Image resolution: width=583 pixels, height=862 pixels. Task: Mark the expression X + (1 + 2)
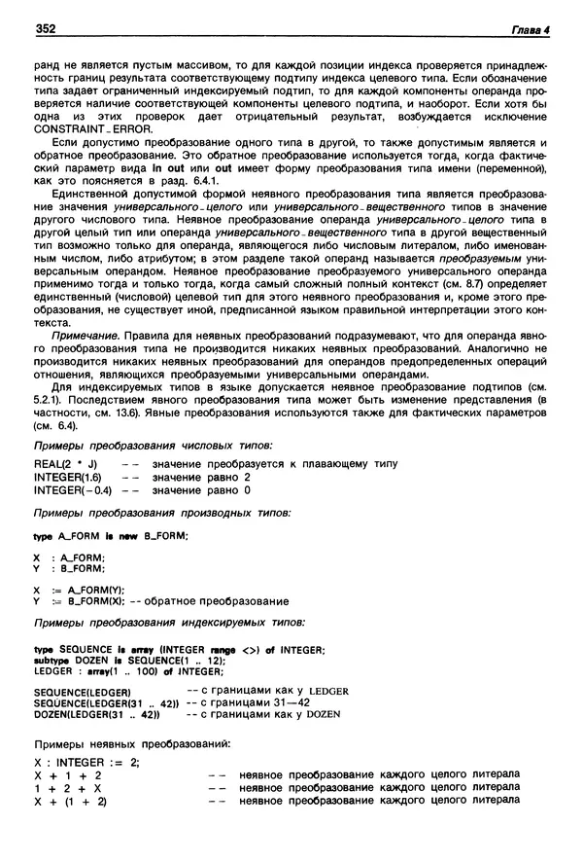(x=69, y=800)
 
